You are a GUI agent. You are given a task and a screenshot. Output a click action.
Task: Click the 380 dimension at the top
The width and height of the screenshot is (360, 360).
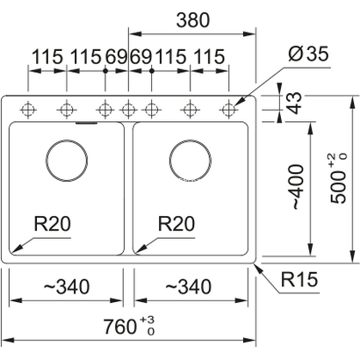coord(193,20)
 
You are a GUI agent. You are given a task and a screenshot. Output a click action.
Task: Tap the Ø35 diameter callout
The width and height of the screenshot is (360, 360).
coord(308,54)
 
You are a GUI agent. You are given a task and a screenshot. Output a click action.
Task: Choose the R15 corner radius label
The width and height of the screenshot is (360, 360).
coord(299,279)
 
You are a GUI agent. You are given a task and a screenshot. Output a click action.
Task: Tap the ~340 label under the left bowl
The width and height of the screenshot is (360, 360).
coord(67,286)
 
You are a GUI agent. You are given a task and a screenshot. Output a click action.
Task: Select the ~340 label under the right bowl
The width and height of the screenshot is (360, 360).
coord(188,286)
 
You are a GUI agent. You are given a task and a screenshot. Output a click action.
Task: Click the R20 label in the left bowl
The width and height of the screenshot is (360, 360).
coord(53,224)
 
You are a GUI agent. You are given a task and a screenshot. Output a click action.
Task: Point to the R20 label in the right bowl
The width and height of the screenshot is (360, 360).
coord(176,224)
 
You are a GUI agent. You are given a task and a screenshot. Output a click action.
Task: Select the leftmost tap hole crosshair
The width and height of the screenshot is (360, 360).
coord(28,110)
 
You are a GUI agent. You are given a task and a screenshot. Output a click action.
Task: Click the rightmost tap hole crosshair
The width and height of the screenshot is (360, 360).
coord(228,110)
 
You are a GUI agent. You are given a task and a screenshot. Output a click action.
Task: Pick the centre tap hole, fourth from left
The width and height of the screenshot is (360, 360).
coord(128,110)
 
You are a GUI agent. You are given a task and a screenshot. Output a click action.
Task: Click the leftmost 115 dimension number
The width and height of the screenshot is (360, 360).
coord(47,56)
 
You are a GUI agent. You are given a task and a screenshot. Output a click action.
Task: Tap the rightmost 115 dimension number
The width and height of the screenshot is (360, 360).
coord(209,56)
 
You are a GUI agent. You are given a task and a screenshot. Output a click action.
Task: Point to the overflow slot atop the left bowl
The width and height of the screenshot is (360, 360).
coord(86,123)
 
